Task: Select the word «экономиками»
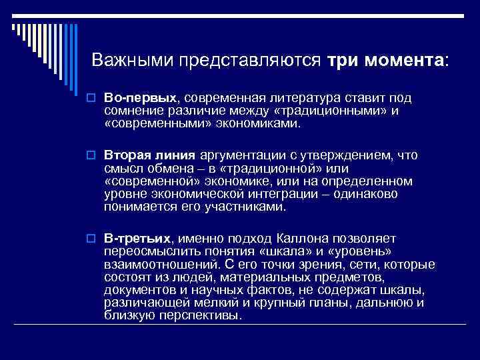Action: (x=253, y=123)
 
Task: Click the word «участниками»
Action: (x=247, y=207)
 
